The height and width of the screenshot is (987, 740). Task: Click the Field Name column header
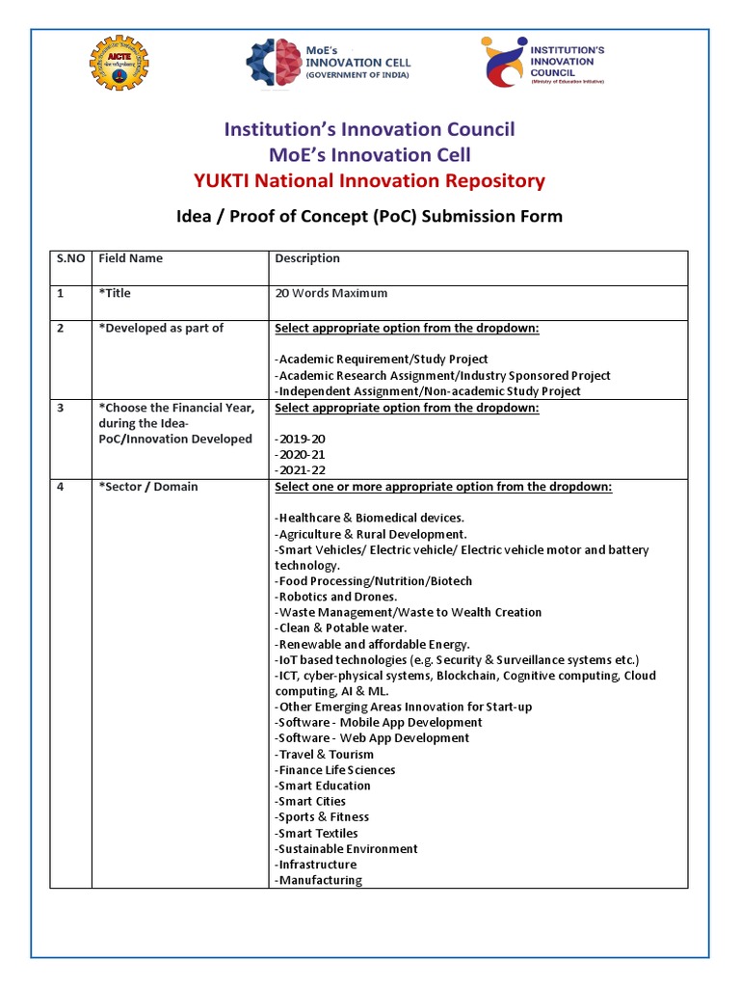[x=131, y=258]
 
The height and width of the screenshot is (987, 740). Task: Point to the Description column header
[x=307, y=258]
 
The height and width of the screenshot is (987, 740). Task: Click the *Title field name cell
[x=115, y=293]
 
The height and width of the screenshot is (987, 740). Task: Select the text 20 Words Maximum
[x=331, y=293]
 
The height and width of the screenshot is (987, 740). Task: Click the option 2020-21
[x=301, y=454]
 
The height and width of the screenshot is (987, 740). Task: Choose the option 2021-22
[x=301, y=469]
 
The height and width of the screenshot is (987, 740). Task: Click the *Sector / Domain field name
[x=148, y=487]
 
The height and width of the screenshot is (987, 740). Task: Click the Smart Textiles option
[x=317, y=833]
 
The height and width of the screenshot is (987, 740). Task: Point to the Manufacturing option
[x=319, y=880]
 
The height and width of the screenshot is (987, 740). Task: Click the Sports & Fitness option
[x=322, y=816]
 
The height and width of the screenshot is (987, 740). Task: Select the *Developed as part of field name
[x=161, y=328]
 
